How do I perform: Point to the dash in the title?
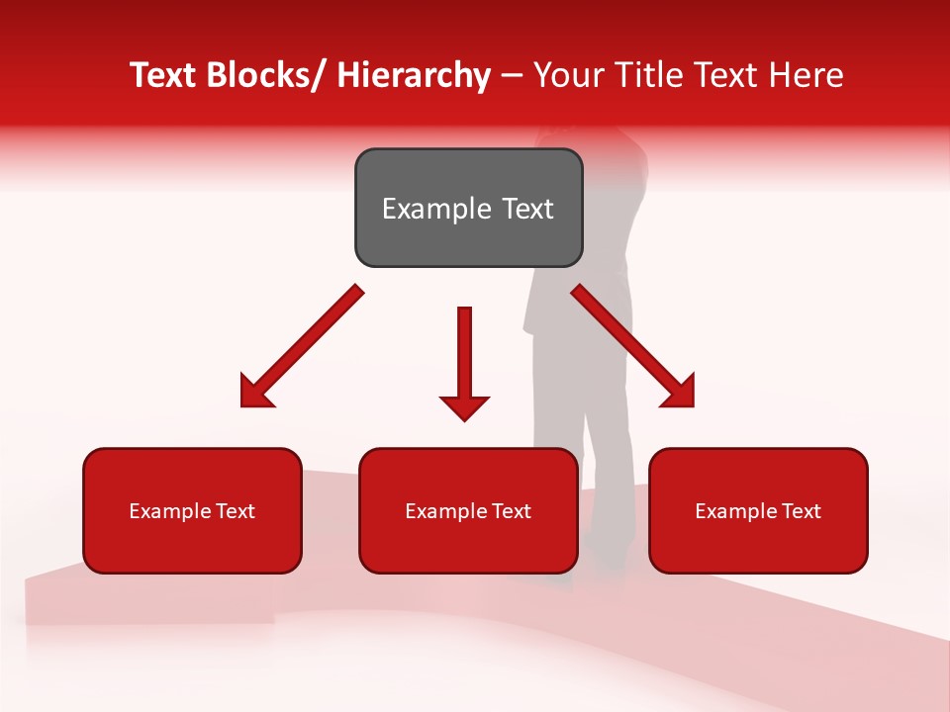click(x=512, y=76)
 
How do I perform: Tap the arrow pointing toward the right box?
click(x=633, y=346)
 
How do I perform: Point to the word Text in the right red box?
click(x=801, y=511)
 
